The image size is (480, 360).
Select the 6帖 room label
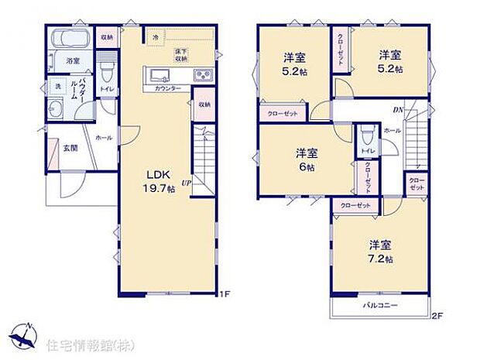tap(307, 159)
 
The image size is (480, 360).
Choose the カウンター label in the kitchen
tap(168, 89)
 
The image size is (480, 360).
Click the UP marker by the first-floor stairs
tap(187, 183)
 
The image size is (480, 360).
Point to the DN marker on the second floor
tap(397, 109)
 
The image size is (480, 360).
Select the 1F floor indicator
tap(225, 294)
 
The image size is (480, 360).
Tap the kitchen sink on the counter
tap(161, 75)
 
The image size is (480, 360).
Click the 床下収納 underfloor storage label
tap(181, 54)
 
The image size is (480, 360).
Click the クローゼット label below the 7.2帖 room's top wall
tap(355, 205)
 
